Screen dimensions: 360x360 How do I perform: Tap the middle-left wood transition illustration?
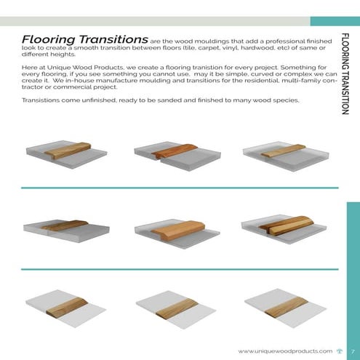[x=65, y=227]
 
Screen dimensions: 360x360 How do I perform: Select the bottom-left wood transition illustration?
[x=65, y=305]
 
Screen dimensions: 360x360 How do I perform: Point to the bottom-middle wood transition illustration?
[x=176, y=305]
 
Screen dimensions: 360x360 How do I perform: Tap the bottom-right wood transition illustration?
[x=284, y=305]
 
